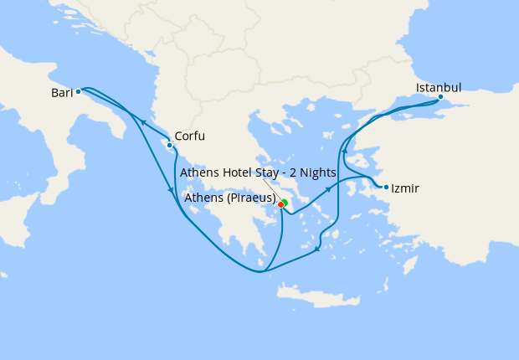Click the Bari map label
pos(62,93)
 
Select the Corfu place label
pos(190,136)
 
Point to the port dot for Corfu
pos(170,145)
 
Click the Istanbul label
pos(439,87)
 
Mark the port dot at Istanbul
pos(440,97)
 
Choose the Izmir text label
pos(405,188)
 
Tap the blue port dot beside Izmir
pos(386,187)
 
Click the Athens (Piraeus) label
pos(229,198)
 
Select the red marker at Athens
pos(280,204)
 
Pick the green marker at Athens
pos(285,202)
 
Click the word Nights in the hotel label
pos(317,172)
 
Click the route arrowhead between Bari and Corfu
pos(143,122)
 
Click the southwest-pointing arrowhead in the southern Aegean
pos(317,248)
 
